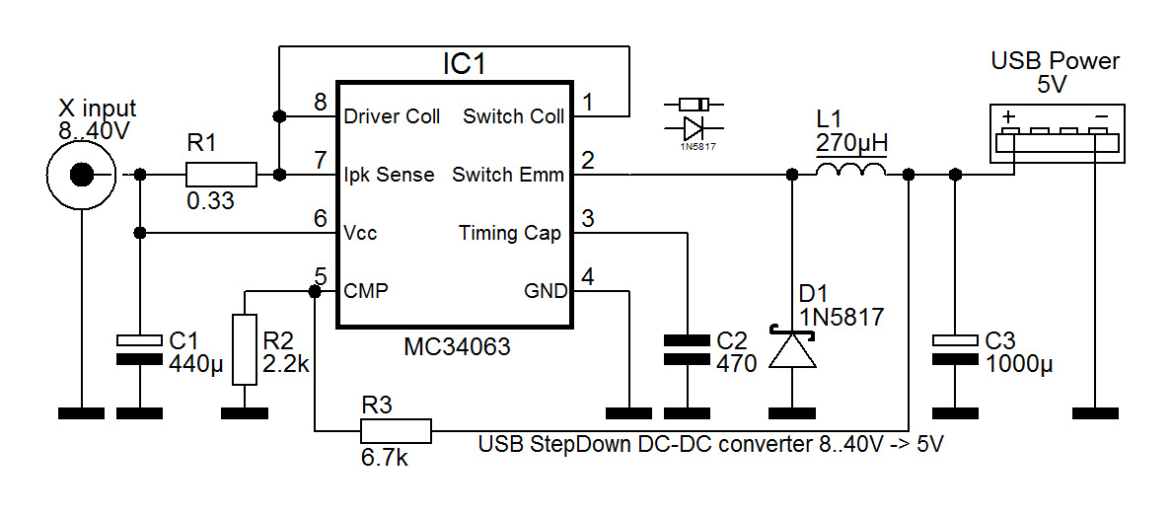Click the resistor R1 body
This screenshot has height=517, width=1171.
click(221, 175)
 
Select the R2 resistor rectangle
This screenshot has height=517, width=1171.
click(245, 349)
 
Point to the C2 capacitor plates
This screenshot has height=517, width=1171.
click(687, 349)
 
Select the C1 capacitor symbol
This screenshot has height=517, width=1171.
click(139, 349)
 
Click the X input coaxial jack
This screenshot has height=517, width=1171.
click(81, 175)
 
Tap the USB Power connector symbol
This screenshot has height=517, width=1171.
click(1056, 133)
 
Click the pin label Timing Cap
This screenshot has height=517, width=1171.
click(509, 233)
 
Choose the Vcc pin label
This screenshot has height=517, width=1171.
click(360, 233)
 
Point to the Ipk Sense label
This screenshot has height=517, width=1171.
click(389, 176)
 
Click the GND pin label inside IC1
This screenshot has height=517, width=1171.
click(545, 291)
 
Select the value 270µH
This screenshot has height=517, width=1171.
click(851, 142)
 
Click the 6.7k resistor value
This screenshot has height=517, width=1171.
click(385, 457)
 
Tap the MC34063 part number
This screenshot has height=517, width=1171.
click(457, 347)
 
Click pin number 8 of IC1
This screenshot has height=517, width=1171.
click(322, 103)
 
